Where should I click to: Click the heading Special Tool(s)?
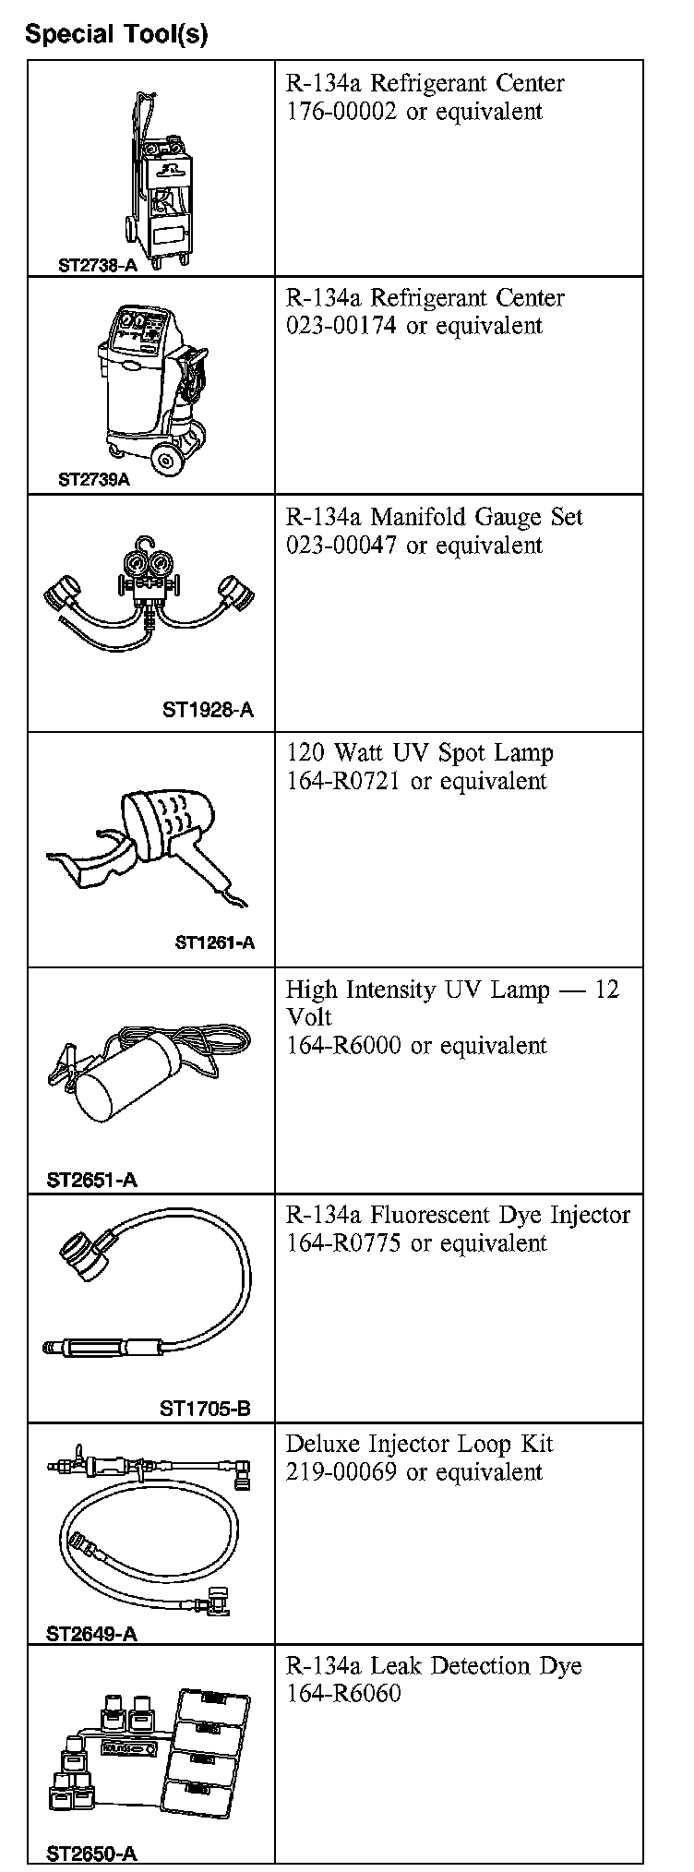pos(116,35)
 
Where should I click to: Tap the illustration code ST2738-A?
pos(97,265)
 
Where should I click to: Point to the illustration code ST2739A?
pos(94,480)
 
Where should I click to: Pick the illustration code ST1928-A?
pos(208,710)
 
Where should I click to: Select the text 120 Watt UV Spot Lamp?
pos(419,753)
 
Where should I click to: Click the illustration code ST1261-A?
pos(214,942)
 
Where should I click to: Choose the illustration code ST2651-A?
pos(91,1180)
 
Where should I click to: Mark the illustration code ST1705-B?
pos(205,1409)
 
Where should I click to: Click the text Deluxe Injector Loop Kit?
pos(419,1444)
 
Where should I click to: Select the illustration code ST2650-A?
pos(91,1854)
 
